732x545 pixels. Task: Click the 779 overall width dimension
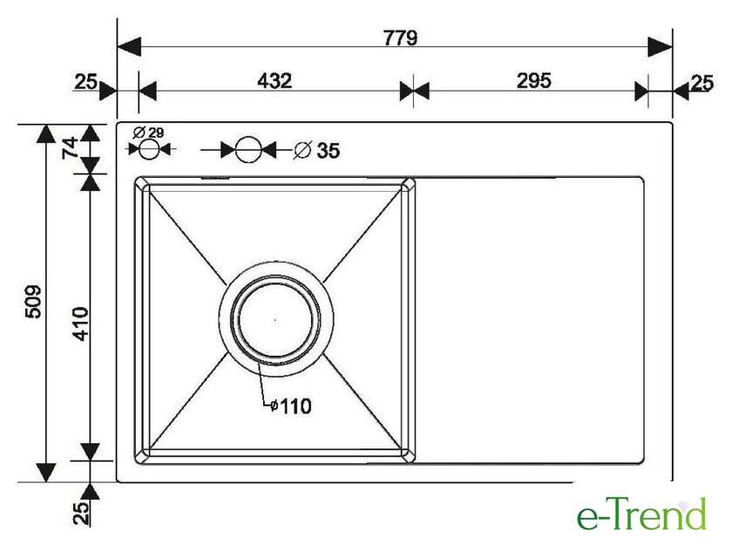401,37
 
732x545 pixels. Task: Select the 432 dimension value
274,81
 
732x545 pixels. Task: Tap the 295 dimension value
533,81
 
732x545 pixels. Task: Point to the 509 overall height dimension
33,301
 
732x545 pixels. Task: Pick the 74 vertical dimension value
70,147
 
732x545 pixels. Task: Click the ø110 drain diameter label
291,405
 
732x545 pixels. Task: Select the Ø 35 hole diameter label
316,150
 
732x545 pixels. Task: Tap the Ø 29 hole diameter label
148,133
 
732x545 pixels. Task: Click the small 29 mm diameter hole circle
149,149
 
